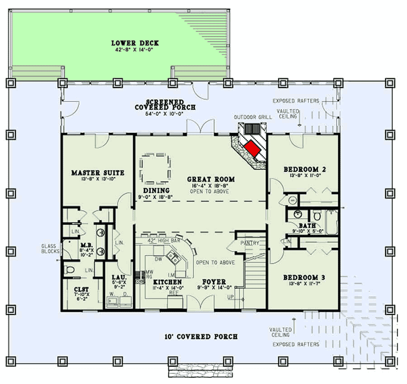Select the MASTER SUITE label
coord(98,173)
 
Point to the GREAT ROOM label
coord(211,179)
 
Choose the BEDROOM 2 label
coord(302,169)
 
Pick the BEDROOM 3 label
coord(302,278)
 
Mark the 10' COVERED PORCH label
coord(200,337)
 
